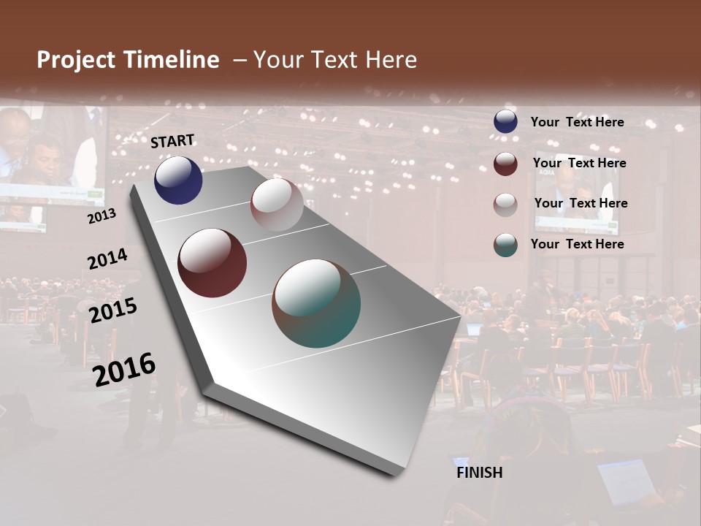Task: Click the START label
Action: [x=172, y=141]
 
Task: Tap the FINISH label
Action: [x=480, y=473]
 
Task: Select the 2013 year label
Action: [x=102, y=216]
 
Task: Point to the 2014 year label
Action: [x=107, y=259]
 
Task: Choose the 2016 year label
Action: [x=124, y=369]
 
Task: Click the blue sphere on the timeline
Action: [x=178, y=180]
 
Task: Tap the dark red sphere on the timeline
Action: [x=212, y=263]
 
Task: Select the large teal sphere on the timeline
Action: [x=316, y=303]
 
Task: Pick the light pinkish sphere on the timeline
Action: [x=277, y=205]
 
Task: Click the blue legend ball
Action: [x=505, y=122]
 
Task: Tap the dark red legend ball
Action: [x=505, y=164]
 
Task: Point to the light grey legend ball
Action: [x=505, y=205]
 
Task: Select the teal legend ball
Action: [x=505, y=245]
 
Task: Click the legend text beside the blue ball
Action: [x=577, y=122]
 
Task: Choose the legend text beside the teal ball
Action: [x=577, y=244]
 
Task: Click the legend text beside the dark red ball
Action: [x=579, y=163]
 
